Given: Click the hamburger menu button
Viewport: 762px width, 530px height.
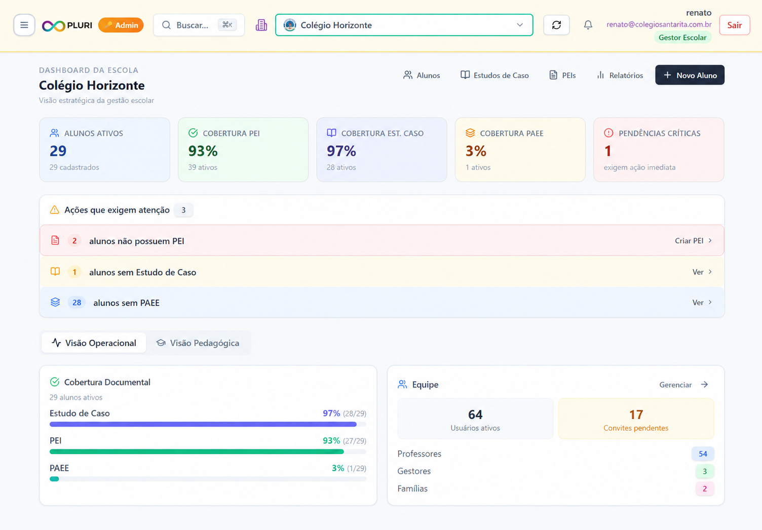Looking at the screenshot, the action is pos(24,25).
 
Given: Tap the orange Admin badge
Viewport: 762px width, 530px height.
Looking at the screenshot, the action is pos(121,25).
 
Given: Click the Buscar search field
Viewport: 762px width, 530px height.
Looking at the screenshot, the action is pos(199,25).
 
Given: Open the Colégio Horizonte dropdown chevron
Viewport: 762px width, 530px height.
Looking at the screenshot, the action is pos(520,25).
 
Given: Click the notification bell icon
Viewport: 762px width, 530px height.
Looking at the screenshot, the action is pos(588,25).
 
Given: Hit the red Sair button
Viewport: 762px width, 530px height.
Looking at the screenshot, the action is pos(735,25).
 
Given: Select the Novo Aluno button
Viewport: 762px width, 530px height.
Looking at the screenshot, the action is pos(690,75).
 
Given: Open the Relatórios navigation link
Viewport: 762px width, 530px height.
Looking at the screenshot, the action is pos(620,75).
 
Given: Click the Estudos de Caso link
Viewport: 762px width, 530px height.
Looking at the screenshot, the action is pos(494,75).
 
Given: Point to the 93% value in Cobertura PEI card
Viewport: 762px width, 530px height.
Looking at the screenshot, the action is pos(203,151).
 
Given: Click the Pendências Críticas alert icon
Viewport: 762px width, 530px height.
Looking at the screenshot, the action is pos(608,133).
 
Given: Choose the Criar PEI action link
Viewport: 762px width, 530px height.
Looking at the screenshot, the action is pos(693,241).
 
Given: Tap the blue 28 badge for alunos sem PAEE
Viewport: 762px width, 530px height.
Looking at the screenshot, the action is pos(77,302).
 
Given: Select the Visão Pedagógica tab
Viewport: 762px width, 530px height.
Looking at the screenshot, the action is pos(198,343).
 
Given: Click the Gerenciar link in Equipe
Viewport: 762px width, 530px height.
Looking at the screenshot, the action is pos(684,385).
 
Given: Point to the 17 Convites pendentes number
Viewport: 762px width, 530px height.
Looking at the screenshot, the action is pos(636,414).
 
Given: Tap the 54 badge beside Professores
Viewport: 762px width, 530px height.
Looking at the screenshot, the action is pos(703,454).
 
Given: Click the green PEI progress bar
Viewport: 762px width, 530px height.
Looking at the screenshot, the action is pos(197,452).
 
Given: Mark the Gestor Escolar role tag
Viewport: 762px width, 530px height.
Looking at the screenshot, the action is pos(682,37).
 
